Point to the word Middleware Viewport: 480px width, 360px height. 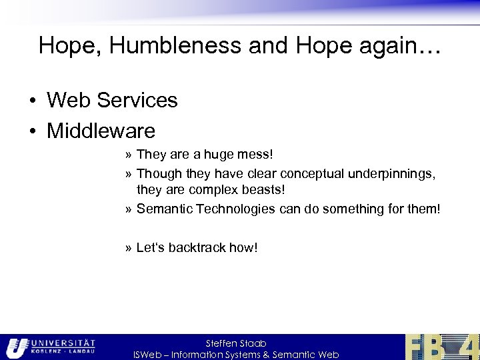tap(101, 131)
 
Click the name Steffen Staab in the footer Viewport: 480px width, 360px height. tap(236, 343)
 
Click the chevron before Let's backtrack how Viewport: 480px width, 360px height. tap(127, 248)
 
